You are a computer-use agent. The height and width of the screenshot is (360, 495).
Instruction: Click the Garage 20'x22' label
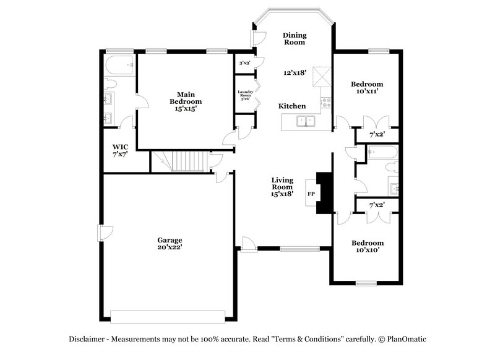[x=169, y=243]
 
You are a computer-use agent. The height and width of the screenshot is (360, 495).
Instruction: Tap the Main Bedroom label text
[x=186, y=101]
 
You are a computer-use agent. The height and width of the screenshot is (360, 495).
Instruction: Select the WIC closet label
[x=120, y=150]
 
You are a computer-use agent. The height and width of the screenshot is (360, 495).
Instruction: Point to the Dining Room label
[x=295, y=39]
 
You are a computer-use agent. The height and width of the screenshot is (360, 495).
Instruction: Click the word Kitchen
[x=291, y=106]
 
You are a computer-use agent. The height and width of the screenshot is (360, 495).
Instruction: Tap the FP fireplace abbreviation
[x=311, y=194]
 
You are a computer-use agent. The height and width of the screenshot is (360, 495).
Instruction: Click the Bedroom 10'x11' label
[x=367, y=87]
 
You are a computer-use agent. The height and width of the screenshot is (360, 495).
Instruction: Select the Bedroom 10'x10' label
[x=367, y=246]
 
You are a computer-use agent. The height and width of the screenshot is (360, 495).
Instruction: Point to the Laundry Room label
[x=245, y=95]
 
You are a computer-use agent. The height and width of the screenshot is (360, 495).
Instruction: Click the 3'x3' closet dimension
[x=245, y=62]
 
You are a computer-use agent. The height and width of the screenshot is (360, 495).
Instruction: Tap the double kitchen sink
[x=306, y=121]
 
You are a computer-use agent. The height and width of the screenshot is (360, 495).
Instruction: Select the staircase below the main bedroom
[x=181, y=161]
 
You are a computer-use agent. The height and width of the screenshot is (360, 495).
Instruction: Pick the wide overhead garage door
[x=170, y=317]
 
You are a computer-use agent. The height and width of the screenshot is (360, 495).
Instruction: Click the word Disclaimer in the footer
[x=88, y=339]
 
